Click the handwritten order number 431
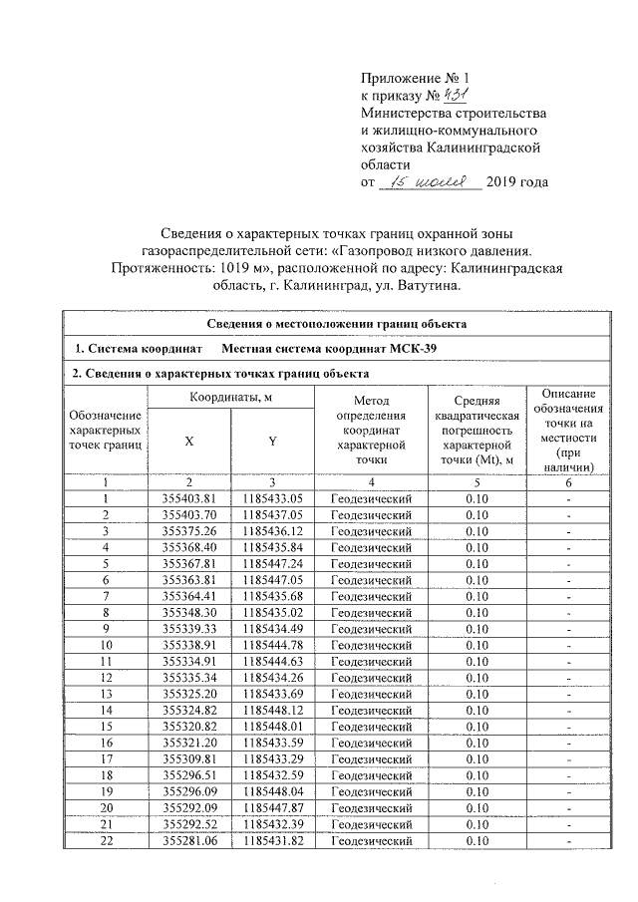(431, 95)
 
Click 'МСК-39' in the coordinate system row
(414, 348)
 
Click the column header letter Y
(272, 442)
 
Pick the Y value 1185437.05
(272, 514)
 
